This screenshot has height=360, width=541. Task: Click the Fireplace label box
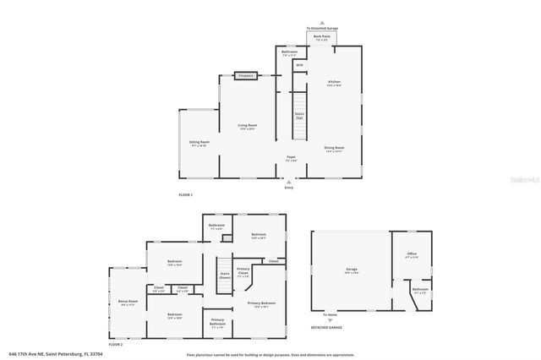click(246, 76)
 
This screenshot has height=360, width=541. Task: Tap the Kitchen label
click(334, 83)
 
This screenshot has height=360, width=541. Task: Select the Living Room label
click(248, 127)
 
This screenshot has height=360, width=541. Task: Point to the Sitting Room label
click(199, 143)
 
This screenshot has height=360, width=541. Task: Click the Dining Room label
click(334, 149)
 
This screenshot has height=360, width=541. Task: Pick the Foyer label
click(291, 158)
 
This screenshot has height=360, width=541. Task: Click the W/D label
click(299, 65)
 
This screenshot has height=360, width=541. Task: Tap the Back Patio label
click(321, 37)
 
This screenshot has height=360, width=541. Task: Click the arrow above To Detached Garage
click(321, 22)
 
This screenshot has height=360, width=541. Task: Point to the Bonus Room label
click(128, 302)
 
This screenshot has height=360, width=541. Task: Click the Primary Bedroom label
click(261, 303)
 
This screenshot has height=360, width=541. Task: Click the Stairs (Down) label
click(225, 275)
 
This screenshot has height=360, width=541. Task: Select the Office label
click(412, 254)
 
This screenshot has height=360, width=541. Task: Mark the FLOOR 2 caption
click(115, 344)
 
